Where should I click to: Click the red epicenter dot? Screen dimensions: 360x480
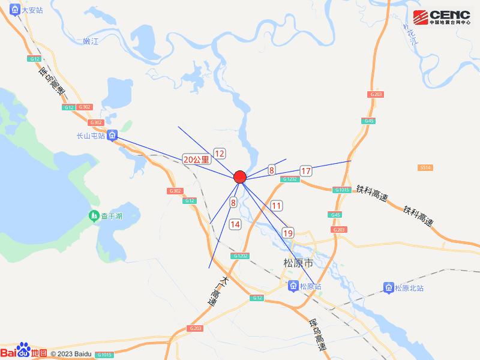240,176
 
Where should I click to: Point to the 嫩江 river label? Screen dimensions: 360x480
91,41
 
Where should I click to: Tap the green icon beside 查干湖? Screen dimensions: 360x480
94,215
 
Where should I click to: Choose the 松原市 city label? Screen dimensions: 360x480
298,263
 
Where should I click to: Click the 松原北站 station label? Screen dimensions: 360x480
409,289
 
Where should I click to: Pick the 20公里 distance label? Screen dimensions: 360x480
197,160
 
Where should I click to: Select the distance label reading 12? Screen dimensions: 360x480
220,153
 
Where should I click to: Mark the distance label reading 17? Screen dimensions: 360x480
306,171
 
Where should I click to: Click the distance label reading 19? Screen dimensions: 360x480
288,233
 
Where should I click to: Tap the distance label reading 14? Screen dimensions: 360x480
235,224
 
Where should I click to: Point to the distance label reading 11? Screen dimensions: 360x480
276,206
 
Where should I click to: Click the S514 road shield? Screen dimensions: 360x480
425,167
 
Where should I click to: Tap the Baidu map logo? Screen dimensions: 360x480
24,352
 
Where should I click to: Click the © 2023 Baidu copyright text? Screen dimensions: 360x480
71,354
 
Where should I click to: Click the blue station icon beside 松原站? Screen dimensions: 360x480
293,287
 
